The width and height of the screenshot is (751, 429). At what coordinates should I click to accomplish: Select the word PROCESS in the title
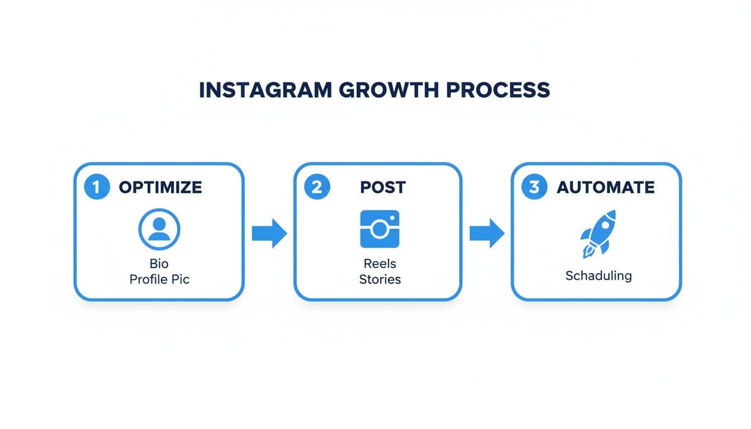tap(500, 90)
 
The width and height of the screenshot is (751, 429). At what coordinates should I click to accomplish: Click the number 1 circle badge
tap(97, 187)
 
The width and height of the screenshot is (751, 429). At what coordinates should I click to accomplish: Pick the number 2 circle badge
tap(317, 187)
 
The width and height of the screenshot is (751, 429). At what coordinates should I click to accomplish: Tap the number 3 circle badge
tap(534, 187)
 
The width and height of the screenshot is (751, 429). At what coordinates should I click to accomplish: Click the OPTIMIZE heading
tap(160, 187)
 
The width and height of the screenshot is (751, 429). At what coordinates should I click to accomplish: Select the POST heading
tap(383, 187)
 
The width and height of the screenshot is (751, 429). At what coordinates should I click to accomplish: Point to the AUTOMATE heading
tap(606, 187)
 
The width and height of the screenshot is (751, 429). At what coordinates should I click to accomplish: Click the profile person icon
tap(159, 228)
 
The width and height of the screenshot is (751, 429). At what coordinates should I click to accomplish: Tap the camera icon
tap(379, 228)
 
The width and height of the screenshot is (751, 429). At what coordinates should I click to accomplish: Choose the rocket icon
tap(598, 233)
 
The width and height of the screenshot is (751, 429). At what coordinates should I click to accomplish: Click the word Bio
tap(159, 263)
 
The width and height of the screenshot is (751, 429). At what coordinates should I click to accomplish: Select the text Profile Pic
tap(159, 279)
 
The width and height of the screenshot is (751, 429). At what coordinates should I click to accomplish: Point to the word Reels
tap(379, 263)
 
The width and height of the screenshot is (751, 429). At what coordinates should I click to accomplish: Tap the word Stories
tap(379, 279)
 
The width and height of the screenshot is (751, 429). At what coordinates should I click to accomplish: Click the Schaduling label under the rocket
tap(598, 275)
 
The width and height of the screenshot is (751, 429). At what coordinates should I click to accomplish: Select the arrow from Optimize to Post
tap(269, 233)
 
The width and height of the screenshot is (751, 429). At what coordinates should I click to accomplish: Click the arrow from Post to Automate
tap(487, 233)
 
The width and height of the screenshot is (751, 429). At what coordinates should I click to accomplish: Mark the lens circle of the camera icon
tap(380, 228)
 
